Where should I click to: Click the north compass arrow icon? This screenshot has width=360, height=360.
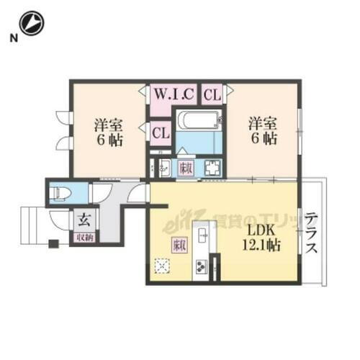[32, 24]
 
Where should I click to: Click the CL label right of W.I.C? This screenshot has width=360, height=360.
[211, 93]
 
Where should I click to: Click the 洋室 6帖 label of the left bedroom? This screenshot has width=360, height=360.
[108, 131]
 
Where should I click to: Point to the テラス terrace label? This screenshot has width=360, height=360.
[312, 233]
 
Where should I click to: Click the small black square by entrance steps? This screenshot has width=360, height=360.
[53, 243]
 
